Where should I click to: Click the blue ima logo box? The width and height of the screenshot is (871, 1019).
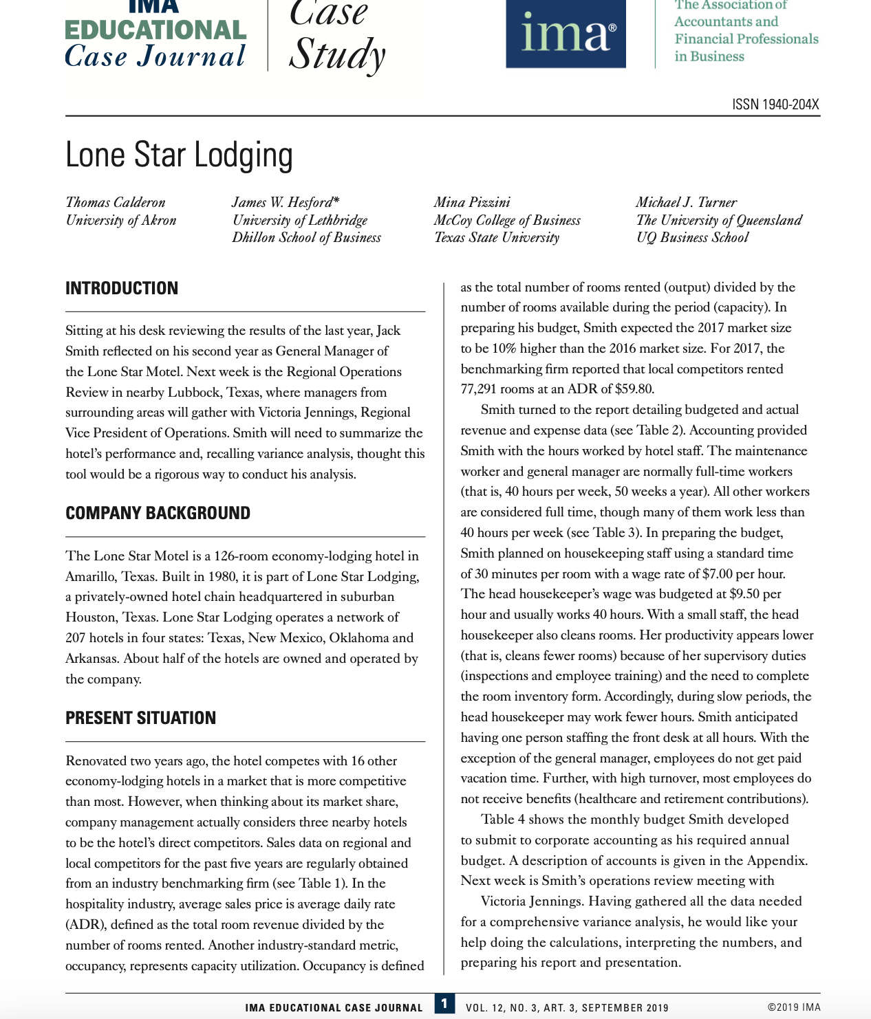(566, 34)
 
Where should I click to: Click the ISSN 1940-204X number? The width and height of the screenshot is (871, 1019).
(775, 105)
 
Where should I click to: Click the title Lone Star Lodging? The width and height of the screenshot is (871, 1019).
(179, 155)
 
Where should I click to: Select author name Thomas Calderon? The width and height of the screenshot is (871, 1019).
(116, 202)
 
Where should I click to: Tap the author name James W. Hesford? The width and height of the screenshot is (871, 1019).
(285, 202)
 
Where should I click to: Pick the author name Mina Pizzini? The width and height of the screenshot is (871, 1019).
(472, 202)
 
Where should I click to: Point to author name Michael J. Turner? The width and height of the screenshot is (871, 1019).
(686, 202)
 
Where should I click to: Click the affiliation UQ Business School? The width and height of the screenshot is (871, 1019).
(692, 238)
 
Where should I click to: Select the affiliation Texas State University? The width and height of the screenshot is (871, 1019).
(496, 238)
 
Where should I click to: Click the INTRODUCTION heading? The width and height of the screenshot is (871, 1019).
(122, 288)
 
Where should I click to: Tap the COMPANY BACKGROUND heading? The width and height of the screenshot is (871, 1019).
(158, 514)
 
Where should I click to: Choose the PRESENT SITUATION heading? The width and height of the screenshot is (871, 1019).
(140, 719)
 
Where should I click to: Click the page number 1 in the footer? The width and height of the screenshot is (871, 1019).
(444, 1004)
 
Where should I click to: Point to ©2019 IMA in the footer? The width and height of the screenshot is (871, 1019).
(793, 1007)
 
